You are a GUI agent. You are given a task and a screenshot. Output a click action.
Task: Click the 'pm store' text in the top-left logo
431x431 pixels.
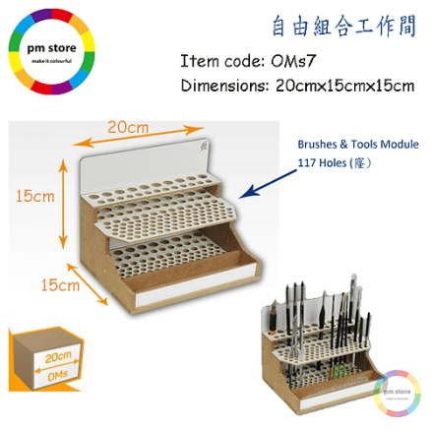pos(51,49)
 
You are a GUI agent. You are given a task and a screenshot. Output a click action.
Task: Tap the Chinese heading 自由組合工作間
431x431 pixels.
pos(344,26)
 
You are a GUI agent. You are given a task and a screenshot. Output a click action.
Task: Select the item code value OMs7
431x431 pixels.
pos(293,61)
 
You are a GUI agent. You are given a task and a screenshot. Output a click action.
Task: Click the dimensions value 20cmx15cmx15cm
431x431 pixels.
pos(344,86)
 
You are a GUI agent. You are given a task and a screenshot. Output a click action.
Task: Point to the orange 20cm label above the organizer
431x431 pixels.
pos(128,127)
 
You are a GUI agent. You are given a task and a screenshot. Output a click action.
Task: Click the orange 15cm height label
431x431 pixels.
pos(35,196)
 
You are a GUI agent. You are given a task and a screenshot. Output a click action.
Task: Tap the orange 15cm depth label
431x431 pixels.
pos(60,284)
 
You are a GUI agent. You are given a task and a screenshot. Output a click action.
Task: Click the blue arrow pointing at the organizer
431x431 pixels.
pos(268,184)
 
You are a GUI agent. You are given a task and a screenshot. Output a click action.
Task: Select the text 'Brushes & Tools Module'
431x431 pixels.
pos(358,145)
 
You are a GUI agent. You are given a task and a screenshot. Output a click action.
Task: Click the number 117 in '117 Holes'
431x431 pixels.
pos(305,162)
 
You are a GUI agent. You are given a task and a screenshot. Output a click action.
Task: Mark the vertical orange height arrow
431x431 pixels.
pos(63,204)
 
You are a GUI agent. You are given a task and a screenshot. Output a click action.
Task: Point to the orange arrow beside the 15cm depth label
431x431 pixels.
pos(88,284)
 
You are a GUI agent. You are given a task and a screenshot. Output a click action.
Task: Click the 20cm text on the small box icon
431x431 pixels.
pos(58,357)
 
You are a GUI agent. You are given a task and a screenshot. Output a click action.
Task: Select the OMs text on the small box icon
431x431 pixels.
pos(58,376)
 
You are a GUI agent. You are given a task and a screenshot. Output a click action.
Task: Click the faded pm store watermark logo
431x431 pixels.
pos(397,394)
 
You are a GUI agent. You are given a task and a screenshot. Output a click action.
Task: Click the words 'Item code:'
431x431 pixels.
pos(222,61)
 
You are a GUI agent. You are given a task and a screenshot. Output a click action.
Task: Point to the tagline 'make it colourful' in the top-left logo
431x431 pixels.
pos(51,61)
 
